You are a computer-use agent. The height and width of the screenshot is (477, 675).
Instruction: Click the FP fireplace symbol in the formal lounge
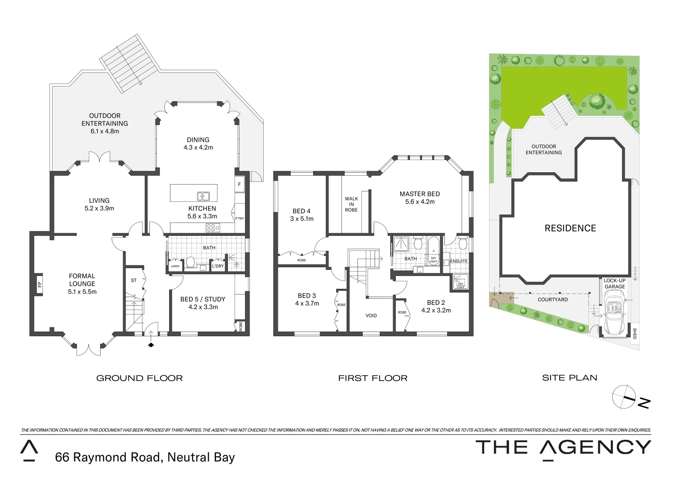click(x=39, y=284)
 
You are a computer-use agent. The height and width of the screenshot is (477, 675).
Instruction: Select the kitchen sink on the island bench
click(x=204, y=196)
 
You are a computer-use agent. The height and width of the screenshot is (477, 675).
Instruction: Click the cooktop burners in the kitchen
click(x=213, y=228)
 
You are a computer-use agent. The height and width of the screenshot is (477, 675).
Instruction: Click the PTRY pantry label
click(x=239, y=219)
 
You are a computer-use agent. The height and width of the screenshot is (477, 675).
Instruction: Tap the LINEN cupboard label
click(x=175, y=266)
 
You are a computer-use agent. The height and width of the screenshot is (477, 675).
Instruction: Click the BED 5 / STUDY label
click(x=203, y=299)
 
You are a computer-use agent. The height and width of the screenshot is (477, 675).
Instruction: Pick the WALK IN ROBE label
click(x=352, y=204)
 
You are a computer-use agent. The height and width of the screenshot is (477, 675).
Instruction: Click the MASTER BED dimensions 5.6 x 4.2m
click(x=420, y=202)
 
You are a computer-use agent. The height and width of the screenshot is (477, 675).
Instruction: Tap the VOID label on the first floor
click(x=371, y=315)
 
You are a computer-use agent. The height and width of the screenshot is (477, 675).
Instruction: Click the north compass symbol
click(x=631, y=397)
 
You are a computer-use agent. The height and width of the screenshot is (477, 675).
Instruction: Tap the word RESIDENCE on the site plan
click(x=570, y=228)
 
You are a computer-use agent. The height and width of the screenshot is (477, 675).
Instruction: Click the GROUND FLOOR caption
click(x=139, y=378)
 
